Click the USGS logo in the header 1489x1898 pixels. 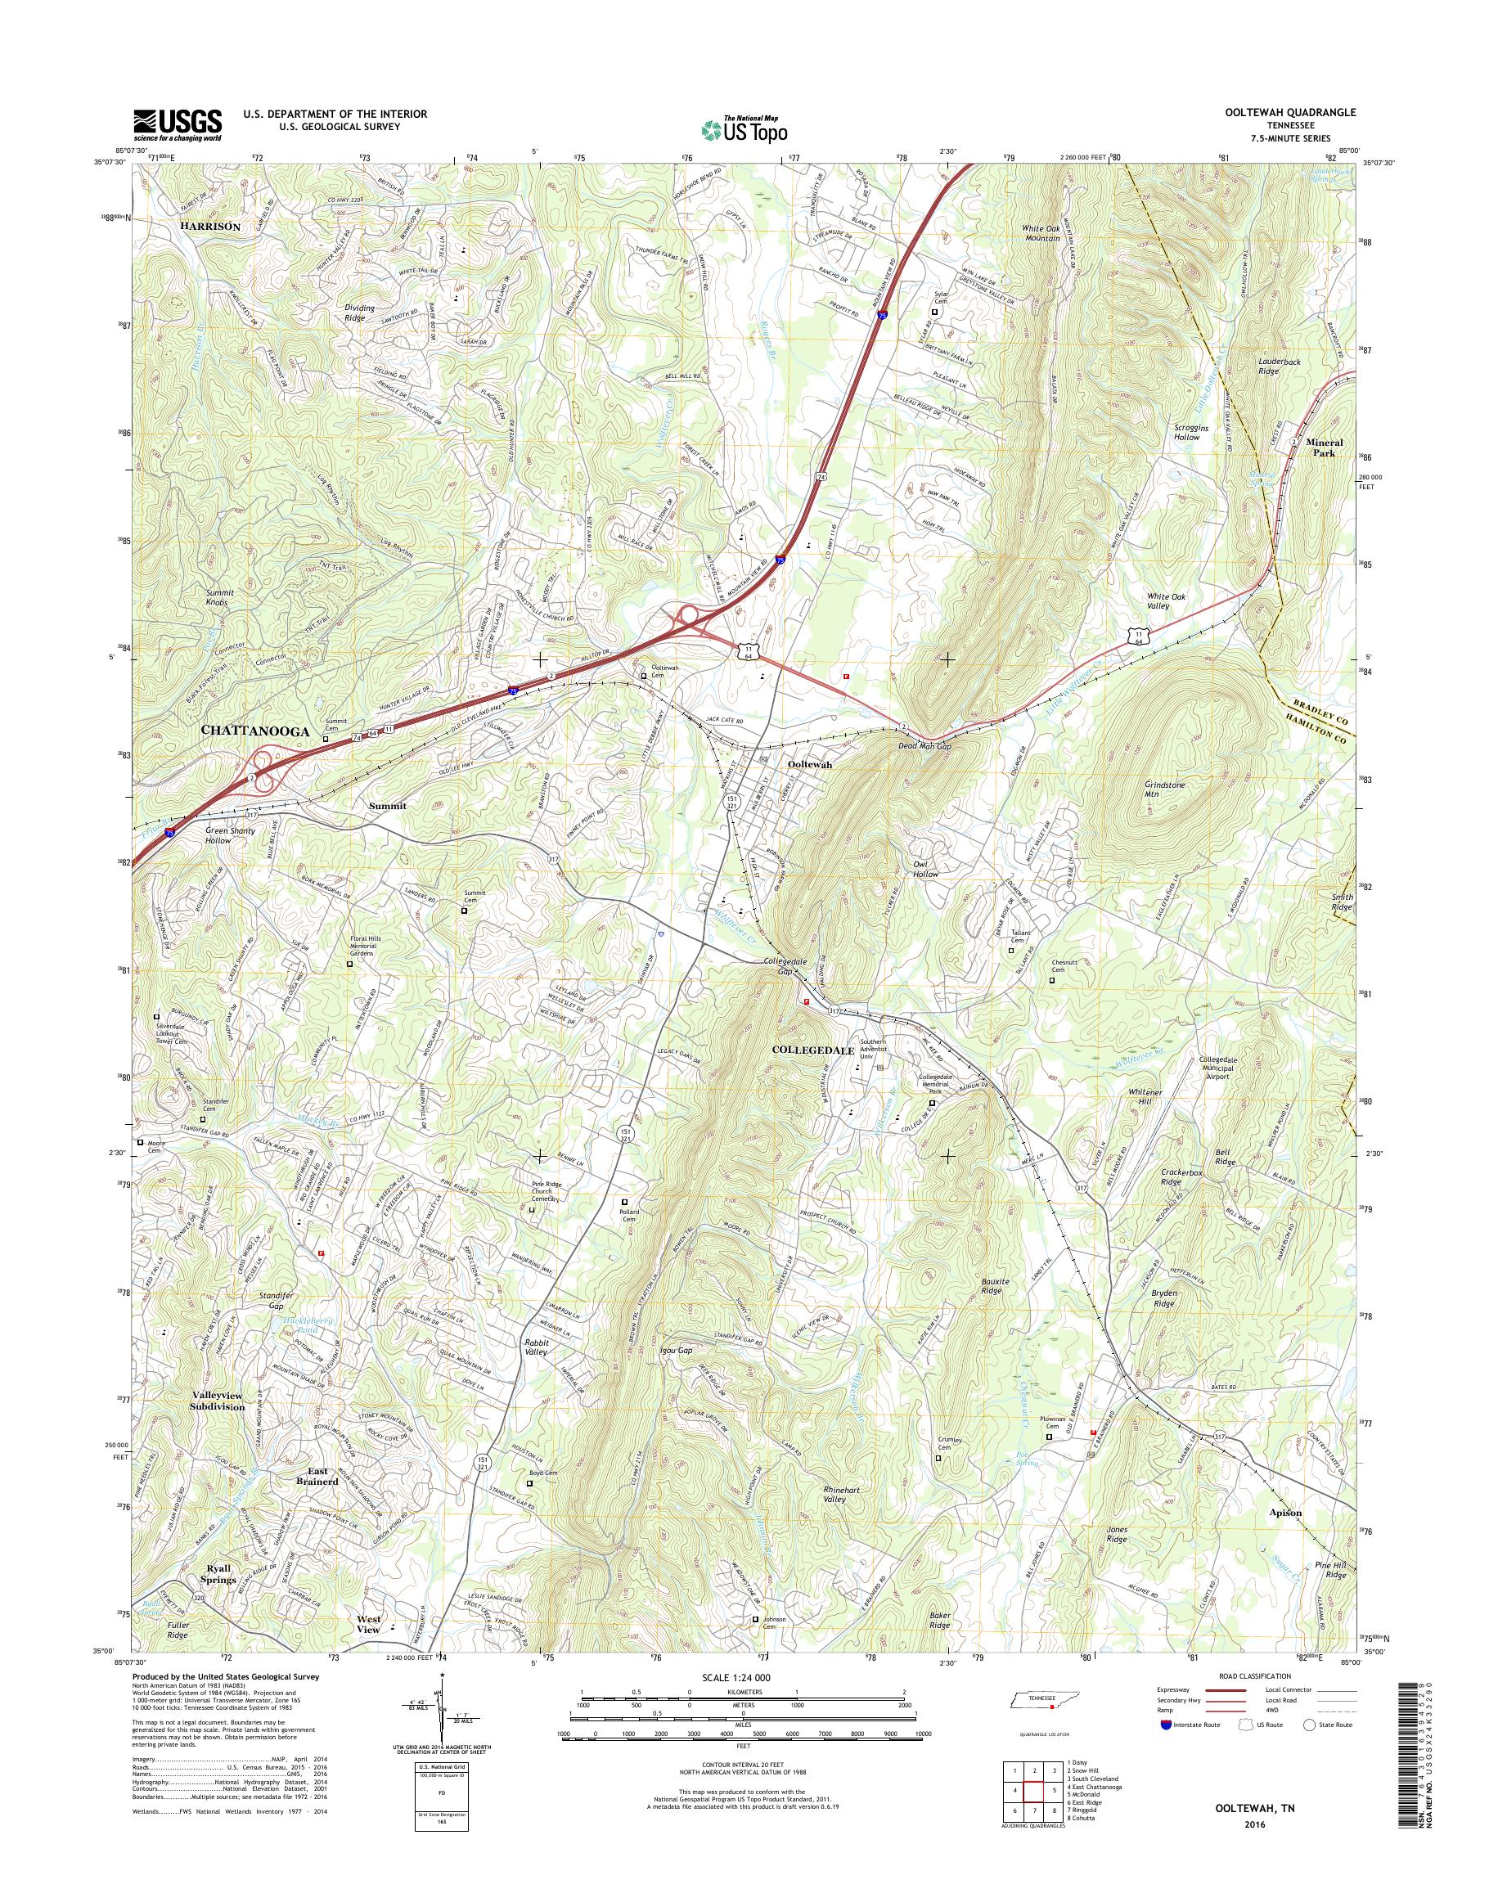coord(177,125)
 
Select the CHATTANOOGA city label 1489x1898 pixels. coord(255,731)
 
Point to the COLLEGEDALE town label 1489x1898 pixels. coord(813,1051)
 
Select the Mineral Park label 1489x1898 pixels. coord(1325,448)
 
